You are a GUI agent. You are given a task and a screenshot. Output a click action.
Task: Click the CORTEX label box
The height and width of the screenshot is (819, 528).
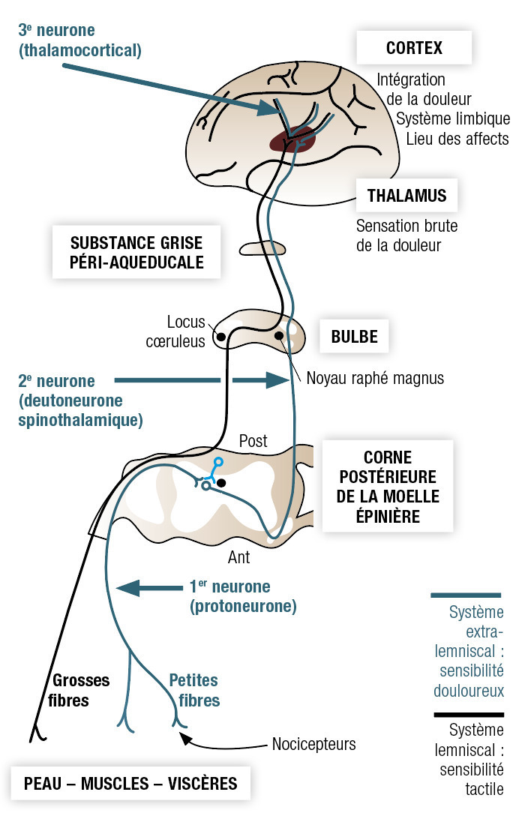414,49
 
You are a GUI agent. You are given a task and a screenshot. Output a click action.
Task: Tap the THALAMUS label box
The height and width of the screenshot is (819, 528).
407,196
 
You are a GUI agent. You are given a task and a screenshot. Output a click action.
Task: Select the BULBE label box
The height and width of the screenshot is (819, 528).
355,337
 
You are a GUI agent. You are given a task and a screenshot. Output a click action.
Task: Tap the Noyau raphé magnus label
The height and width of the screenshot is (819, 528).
375,378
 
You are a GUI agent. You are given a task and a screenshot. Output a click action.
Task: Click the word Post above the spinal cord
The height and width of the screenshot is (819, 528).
253,441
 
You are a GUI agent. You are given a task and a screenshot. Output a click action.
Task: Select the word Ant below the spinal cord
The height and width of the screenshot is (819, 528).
238,558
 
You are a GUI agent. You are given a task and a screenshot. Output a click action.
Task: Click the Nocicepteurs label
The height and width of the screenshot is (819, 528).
313,745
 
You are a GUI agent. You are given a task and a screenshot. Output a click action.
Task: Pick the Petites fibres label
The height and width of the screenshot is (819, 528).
193,690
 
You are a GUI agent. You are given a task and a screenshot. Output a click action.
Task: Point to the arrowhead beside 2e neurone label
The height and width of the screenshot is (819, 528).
277,380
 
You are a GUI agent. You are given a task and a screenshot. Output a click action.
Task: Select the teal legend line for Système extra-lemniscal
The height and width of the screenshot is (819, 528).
466,595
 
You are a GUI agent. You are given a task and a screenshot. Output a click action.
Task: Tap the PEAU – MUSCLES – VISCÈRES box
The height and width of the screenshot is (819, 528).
130,784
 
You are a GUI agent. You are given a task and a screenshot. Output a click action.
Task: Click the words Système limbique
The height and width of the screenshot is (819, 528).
453,118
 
